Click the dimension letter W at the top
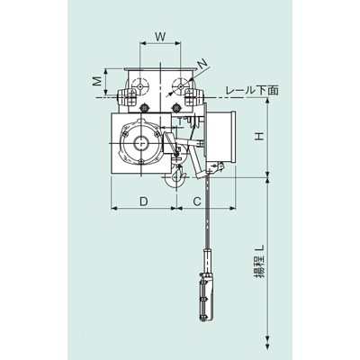[160, 37]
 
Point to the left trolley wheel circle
[138, 88]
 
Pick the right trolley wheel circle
[188, 88]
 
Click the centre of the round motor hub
[141, 142]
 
